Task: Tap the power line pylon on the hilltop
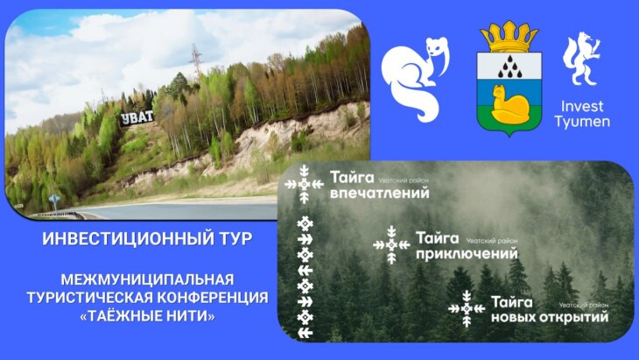click(x=196, y=60)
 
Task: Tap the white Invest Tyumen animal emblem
click(x=581, y=60)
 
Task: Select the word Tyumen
click(x=582, y=122)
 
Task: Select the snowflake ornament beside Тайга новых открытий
click(x=467, y=308)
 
